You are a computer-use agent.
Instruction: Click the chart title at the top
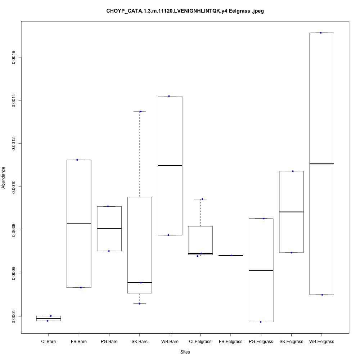pyautogui.click(x=185, y=11)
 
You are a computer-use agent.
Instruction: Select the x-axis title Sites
pyautogui.click(x=185, y=352)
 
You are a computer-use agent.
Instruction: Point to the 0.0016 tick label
pyautogui.click(x=14, y=57)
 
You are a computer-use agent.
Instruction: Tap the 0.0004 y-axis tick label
pyautogui.click(x=14, y=316)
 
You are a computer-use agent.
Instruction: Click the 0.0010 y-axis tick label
pyautogui.click(x=14, y=187)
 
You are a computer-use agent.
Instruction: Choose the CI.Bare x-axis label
pyautogui.click(x=48, y=341)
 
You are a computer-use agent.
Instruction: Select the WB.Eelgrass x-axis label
pyautogui.click(x=321, y=341)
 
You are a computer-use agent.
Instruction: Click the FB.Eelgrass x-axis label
pyautogui.click(x=230, y=341)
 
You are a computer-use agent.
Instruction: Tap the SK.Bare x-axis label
pyautogui.click(x=139, y=341)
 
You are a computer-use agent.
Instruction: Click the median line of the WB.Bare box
pyautogui.click(x=170, y=166)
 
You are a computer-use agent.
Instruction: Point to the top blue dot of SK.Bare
pyautogui.click(x=140, y=112)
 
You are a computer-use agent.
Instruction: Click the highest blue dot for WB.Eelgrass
pyautogui.click(x=320, y=33)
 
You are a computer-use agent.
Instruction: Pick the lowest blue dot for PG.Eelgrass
pyautogui.click(x=261, y=322)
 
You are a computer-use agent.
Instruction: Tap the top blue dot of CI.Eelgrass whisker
pyautogui.click(x=202, y=199)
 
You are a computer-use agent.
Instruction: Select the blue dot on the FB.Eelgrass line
pyautogui.click(x=231, y=255)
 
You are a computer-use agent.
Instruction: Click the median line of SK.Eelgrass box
pyautogui.click(x=291, y=212)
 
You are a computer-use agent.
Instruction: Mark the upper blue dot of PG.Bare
pyautogui.click(x=108, y=206)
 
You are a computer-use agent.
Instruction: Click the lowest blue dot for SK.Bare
pyautogui.click(x=139, y=303)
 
